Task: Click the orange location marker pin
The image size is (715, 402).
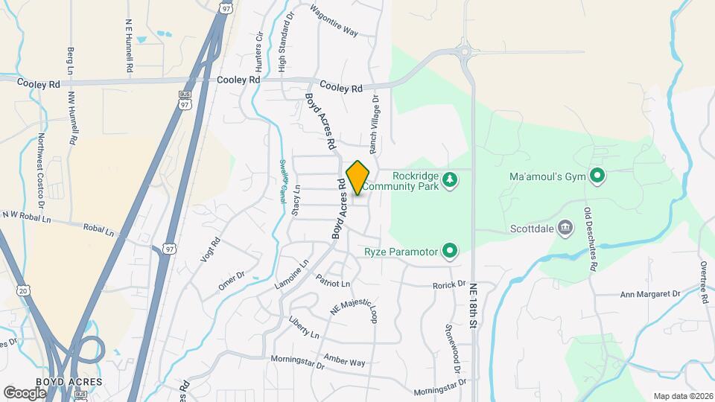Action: (358, 178)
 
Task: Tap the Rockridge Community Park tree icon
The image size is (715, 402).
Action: (449, 179)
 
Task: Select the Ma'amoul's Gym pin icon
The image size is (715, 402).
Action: (597, 176)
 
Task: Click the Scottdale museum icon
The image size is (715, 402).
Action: (565, 227)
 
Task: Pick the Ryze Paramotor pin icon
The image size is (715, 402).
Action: (449, 252)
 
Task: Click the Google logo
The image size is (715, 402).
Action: (25, 392)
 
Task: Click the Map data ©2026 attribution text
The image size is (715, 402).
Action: (682, 396)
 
